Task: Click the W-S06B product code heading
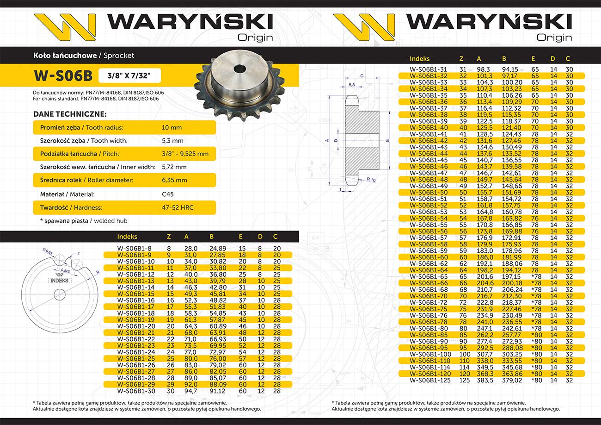coord(63,75)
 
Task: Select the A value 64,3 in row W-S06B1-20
coord(190,326)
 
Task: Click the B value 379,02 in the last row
coord(512,381)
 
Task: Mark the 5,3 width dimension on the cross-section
coord(352,85)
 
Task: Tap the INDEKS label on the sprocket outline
coord(59,281)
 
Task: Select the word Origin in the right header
coord(554,37)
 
